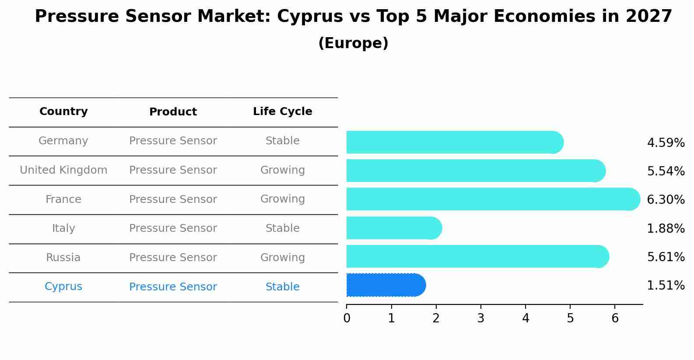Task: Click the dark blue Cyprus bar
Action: click(x=385, y=285)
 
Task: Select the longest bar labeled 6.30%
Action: click(x=492, y=199)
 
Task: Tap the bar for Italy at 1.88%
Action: click(x=394, y=228)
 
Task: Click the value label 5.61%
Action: click(x=666, y=257)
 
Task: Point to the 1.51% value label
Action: click(x=666, y=286)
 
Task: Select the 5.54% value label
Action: click(x=666, y=171)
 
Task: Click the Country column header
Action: click(x=63, y=112)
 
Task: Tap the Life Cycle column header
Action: click(x=282, y=112)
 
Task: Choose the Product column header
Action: click(x=173, y=112)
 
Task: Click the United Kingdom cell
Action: click(x=63, y=170)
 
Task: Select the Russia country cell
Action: click(x=63, y=258)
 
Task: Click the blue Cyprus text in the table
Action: click(x=63, y=287)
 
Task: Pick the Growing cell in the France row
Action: click(x=282, y=199)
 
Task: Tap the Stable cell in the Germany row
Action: click(x=282, y=141)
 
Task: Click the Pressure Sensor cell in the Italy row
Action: click(x=173, y=228)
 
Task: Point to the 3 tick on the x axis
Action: click(x=480, y=318)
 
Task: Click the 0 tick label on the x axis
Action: click(x=347, y=318)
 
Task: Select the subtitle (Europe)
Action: click(x=353, y=43)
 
